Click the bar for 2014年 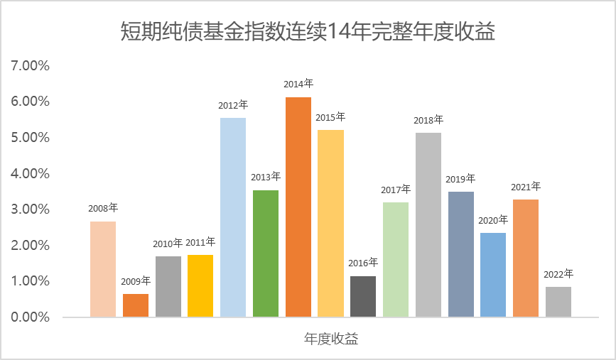click(298, 207)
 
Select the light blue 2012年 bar click(233, 217)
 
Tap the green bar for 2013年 click(266, 253)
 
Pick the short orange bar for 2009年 click(136, 305)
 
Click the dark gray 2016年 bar click(363, 296)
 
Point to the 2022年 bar click(558, 301)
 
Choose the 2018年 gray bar click(428, 224)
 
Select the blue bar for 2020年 click(493, 274)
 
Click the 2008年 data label click(103, 209)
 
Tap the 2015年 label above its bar click(330, 117)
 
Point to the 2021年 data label click(526, 187)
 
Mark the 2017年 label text click(396, 190)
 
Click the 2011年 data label click(200, 242)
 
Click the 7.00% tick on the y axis click(30, 66)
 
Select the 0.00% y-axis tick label click(30, 317)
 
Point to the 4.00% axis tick click(30, 173)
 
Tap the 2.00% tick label click(30, 245)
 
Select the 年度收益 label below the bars click(331, 339)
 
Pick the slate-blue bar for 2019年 click(460, 253)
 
